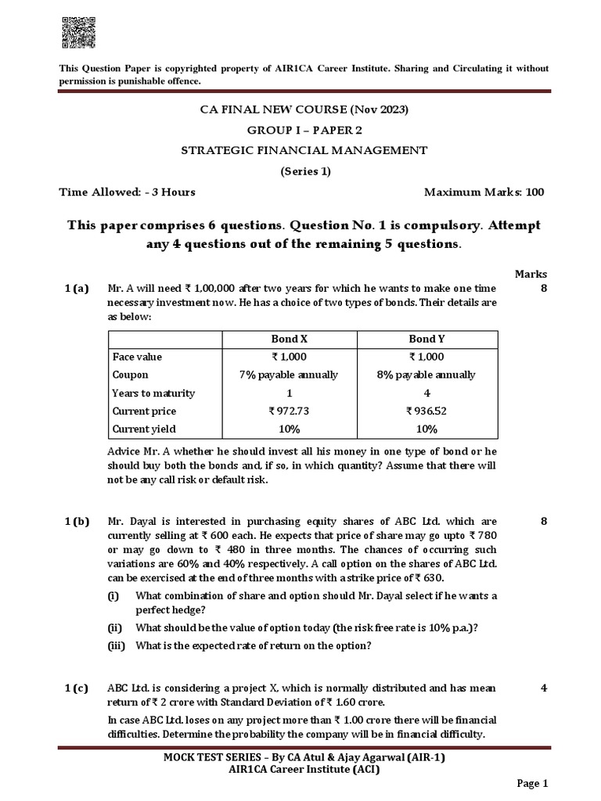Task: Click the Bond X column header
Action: (x=290, y=339)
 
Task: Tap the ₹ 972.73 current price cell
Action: (x=290, y=411)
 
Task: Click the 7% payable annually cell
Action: (x=290, y=375)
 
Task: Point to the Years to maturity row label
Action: (x=153, y=393)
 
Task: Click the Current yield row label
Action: (x=144, y=429)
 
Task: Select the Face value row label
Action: (x=138, y=357)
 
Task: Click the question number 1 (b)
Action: (x=77, y=521)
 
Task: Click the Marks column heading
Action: (x=531, y=274)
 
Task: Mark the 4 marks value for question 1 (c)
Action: (x=542, y=688)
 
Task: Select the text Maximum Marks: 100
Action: (x=484, y=192)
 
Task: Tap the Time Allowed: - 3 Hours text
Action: (x=128, y=192)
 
